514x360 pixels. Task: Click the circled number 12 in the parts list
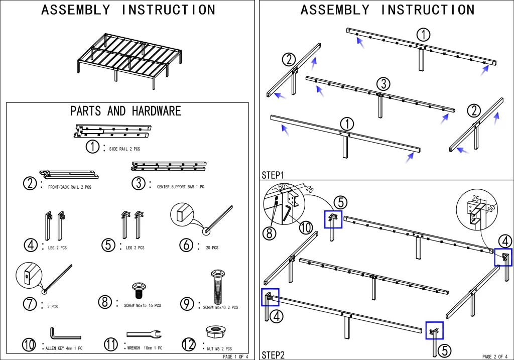pyautogui.click(x=189, y=344)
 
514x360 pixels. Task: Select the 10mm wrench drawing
pyautogui.click(x=144, y=334)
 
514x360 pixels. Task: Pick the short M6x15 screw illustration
pyautogui.click(x=139, y=290)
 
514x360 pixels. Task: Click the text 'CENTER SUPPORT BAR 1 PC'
pyautogui.click(x=180, y=187)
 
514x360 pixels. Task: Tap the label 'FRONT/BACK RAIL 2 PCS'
pyautogui.click(x=69, y=187)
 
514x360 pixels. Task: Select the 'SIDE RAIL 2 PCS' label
pyautogui.click(x=124, y=149)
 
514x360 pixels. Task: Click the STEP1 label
pyautogui.click(x=273, y=175)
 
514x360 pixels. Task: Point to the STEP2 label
pyautogui.click(x=273, y=355)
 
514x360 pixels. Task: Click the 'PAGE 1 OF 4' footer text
pyautogui.click(x=235, y=356)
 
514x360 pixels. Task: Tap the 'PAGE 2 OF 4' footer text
pyautogui.click(x=494, y=356)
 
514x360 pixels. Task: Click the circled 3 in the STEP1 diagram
pyautogui.click(x=383, y=84)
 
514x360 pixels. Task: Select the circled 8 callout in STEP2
pyautogui.click(x=269, y=233)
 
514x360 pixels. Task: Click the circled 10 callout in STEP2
pyautogui.click(x=306, y=227)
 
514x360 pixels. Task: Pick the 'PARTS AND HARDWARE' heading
pyautogui.click(x=125, y=111)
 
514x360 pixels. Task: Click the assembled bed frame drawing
pyautogui.click(x=130, y=61)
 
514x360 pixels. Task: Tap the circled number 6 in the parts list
pyautogui.click(x=186, y=245)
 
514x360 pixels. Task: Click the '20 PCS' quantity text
pyautogui.click(x=212, y=248)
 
